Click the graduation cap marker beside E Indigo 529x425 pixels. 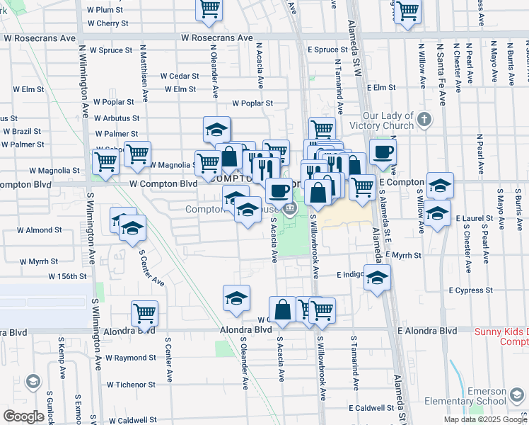coord(378,278)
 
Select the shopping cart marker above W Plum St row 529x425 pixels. coord(209,8)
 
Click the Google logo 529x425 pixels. coord(23,416)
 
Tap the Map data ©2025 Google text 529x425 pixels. coord(484,419)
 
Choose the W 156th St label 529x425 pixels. coord(67,276)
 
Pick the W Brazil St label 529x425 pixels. coord(23,132)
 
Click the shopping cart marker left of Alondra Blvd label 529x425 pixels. coord(144,312)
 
